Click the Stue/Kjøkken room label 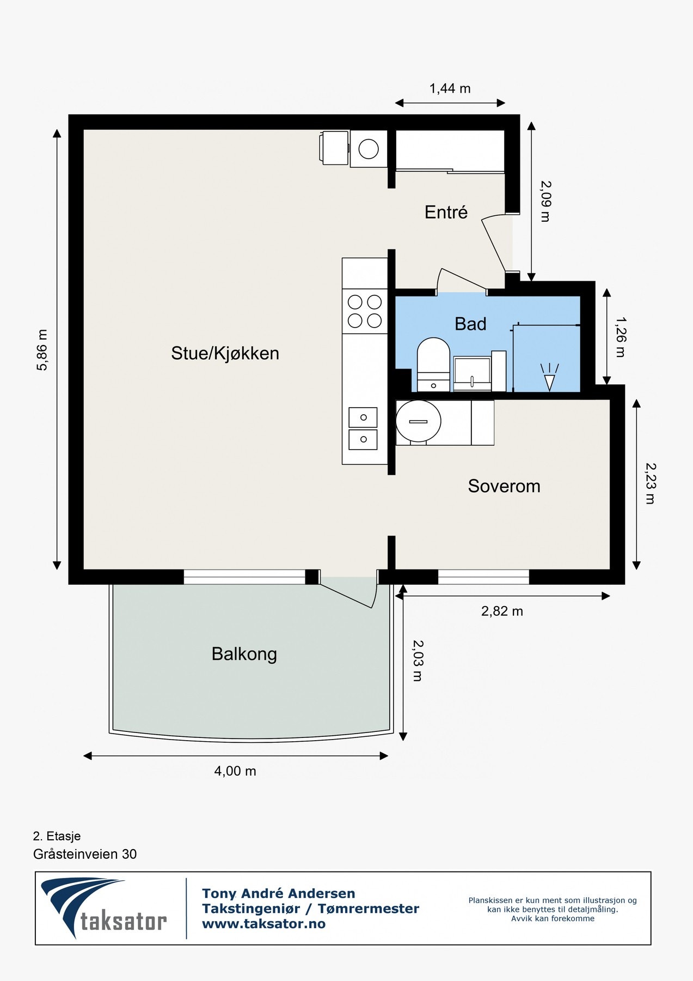pyautogui.click(x=225, y=354)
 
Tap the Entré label pyautogui.click(x=446, y=212)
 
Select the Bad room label pyautogui.click(x=470, y=324)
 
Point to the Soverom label pyautogui.click(x=504, y=486)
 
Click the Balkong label pyautogui.click(x=244, y=654)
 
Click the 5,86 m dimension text pyautogui.click(x=42, y=350)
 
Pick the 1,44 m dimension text pyautogui.click(x=450, y=88)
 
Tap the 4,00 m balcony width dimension pyautogui.click(x=235, y=771)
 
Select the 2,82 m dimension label pyautogui.click(x=502, y=611)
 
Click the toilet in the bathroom pyautogui.click(x=433, y=364)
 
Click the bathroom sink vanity pyautogui.click(x=473, y=374)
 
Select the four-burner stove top pyautogui.click(x=365, y=311)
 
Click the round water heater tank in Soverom pyautogui.click(x=418, y=421)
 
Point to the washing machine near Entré pyautogui.click(x=369, y=149)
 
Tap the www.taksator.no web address pyautogui.click(x=263, y=924)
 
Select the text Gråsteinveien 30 pyautogui.click(x=85, y=854)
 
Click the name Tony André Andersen pyautogui.click(x=279, y=893)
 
